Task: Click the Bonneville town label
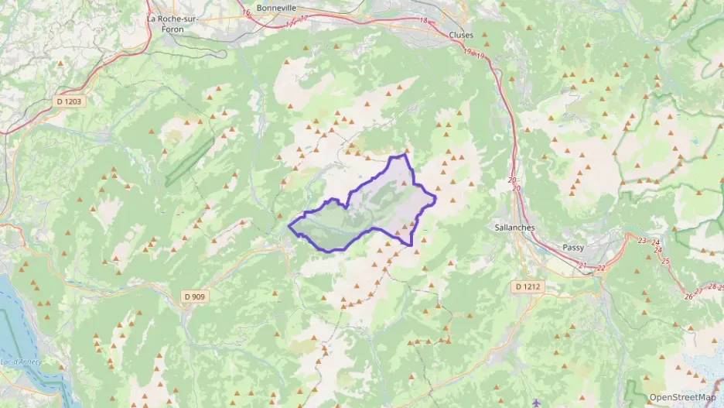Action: coord(277,7)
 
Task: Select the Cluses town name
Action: coord(462,35)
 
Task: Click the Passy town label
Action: coord(574,248)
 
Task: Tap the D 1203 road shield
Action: coord(69,101)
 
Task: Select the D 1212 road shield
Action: coord(529,286)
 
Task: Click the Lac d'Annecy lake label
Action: coord(15,362)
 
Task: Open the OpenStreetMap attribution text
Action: coord(682,397)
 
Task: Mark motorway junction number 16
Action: coord(246,12)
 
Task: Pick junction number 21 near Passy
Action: coord(582,267)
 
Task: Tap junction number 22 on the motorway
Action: coord(601,268)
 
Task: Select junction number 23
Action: coord(642,242)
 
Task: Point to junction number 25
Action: coord(666,261)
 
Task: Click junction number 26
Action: coord(688,297)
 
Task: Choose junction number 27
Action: coord(700,291)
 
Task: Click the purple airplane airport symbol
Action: coord(537,403)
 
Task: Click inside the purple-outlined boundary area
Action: coord(371,209)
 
